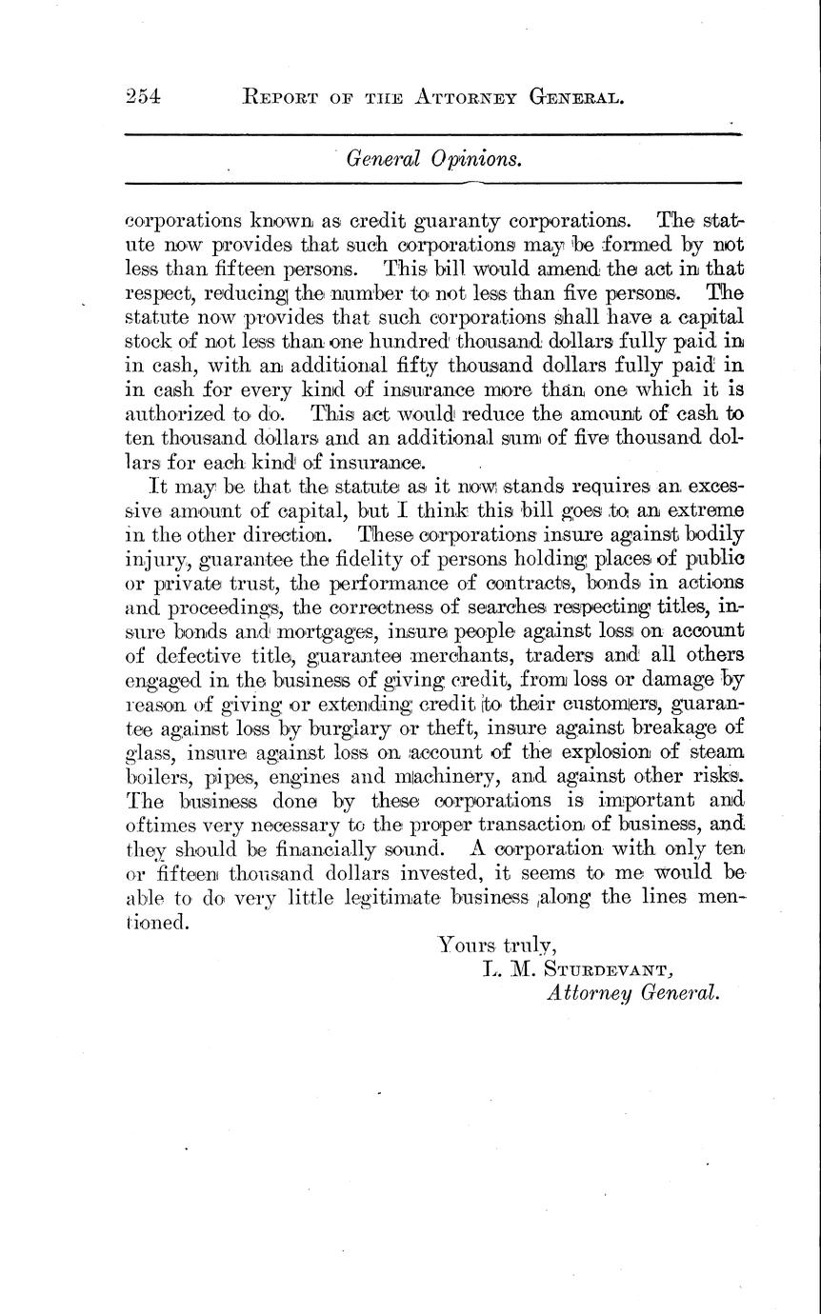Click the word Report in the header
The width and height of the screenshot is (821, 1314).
(x=284, y=95)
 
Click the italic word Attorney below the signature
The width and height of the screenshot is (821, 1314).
(x=587, y=993)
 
